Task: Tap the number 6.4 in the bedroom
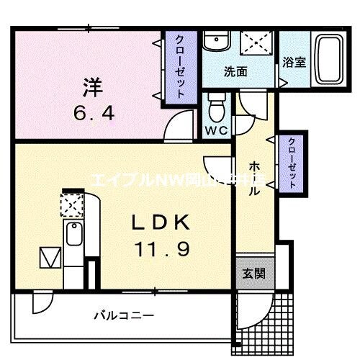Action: tap(92, 112)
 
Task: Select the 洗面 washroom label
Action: tap(236, 72)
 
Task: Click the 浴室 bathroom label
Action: tap(294, 63)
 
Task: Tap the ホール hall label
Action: tap(255, 179)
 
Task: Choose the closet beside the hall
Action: tap(292, 162)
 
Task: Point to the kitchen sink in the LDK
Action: tap(73, 234)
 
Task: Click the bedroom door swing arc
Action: tap(174, 128)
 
